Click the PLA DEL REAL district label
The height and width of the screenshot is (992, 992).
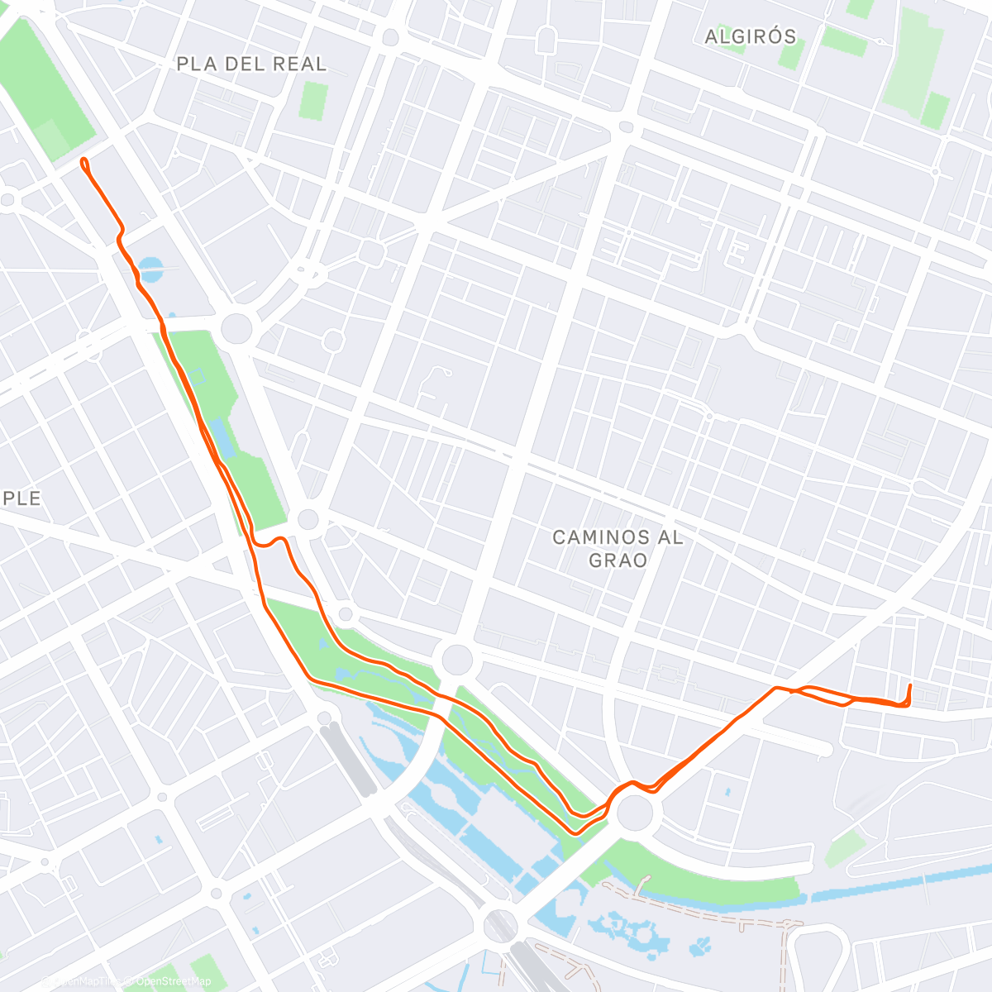tap(251, 64)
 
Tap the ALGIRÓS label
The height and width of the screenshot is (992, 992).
tap(751, 36)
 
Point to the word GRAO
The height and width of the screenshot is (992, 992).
tap(618, 560)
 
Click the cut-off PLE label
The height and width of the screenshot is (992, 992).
tap(21, 498)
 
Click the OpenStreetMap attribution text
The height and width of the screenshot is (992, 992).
tap(174, 981)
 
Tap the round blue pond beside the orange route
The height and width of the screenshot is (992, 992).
tap(151, 267)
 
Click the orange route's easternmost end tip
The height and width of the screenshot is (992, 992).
tap(910, 685)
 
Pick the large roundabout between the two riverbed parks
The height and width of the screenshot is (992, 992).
tap(457, 661)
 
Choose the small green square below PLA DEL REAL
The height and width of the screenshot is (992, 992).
tap(313, 101)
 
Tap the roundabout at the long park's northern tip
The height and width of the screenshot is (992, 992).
tap(236, 327)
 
